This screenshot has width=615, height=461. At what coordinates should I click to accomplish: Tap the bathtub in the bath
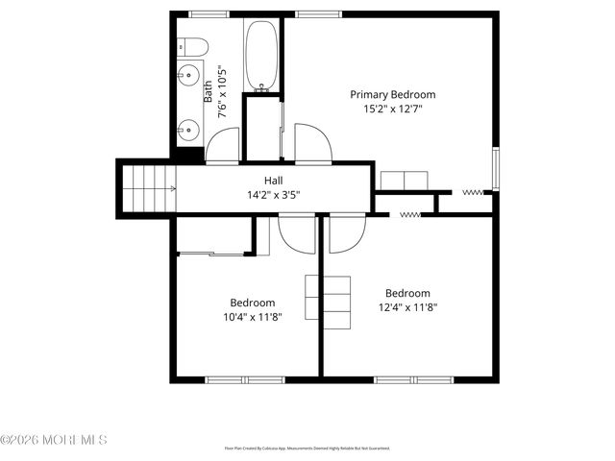[x=260, y=57]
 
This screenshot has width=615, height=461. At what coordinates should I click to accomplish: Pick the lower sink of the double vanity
[x=188, y=125]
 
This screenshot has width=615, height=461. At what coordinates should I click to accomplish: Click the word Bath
[x=209, y=92]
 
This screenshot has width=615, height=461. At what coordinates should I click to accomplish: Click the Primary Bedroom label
[x=392, y=94]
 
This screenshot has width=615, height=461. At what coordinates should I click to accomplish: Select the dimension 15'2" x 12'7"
[x=392, y=109]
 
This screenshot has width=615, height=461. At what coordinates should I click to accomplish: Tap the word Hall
[x=274, y=181]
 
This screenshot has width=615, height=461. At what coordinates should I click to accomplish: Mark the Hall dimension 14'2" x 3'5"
[x=274, y=195]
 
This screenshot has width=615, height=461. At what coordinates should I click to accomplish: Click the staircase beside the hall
[x=148, y=188]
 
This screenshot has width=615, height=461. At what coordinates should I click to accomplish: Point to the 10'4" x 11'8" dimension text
[x=252, y=317]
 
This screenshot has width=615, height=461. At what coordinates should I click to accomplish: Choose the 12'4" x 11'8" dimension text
[x=407, y=308]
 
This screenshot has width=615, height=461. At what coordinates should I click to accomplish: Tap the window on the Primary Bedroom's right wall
[x=496, y=169]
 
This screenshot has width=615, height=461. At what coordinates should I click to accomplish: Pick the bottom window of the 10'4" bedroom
[x=235, y=379]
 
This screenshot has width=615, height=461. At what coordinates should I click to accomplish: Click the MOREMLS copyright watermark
[x=54, y=440]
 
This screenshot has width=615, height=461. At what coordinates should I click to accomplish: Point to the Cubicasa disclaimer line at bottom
[x=307, y=448]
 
